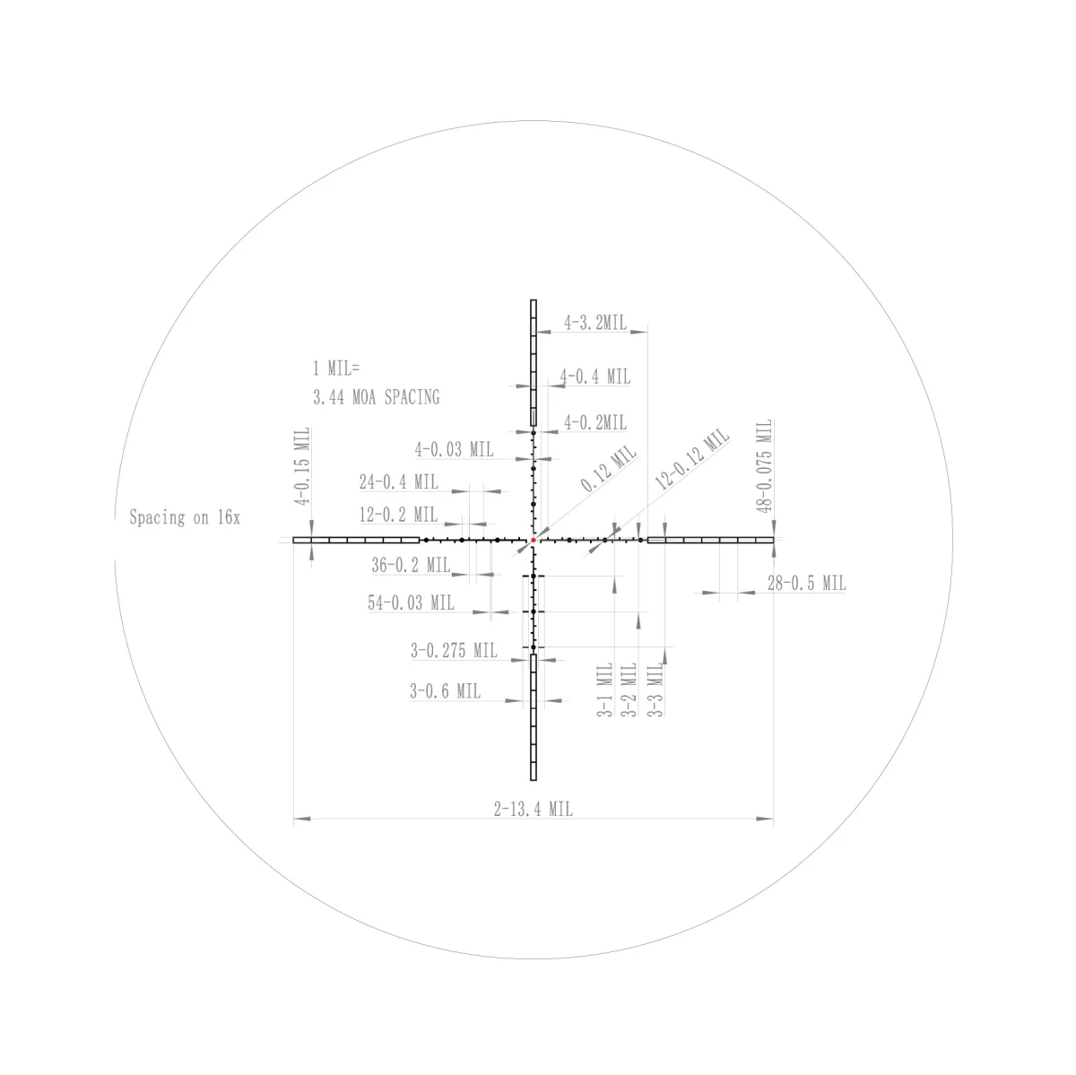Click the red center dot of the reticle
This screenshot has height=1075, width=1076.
(x=534, y=540)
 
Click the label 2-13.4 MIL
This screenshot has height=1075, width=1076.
(x=533, y=809)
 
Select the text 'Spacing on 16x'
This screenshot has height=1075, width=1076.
(x=185, y=517)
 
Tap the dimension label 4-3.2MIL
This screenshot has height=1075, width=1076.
(x=595, y=323)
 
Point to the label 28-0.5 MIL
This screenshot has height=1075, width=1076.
(x=806, y=583)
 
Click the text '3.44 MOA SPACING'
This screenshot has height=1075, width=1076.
(x=376, y=397)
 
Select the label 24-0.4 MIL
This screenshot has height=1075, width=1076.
(x=398, y=481)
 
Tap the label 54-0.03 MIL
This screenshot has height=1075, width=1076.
(x=411, y=603)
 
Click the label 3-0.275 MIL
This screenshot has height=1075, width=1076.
(x=454, y=651)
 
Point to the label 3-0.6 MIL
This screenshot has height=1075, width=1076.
(x=445, y=690)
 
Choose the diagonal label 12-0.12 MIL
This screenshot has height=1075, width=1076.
(x=692, y=459)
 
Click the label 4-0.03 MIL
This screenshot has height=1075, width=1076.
(x=454, y=449)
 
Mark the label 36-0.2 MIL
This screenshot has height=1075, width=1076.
(x=411, y=565)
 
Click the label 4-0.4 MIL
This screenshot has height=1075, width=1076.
(x=595, y=377)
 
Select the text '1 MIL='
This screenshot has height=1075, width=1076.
(x=335, y=368)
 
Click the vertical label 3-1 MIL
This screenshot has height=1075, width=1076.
(x=604, y=689)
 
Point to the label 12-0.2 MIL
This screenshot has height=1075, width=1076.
(x=398, y=515)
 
